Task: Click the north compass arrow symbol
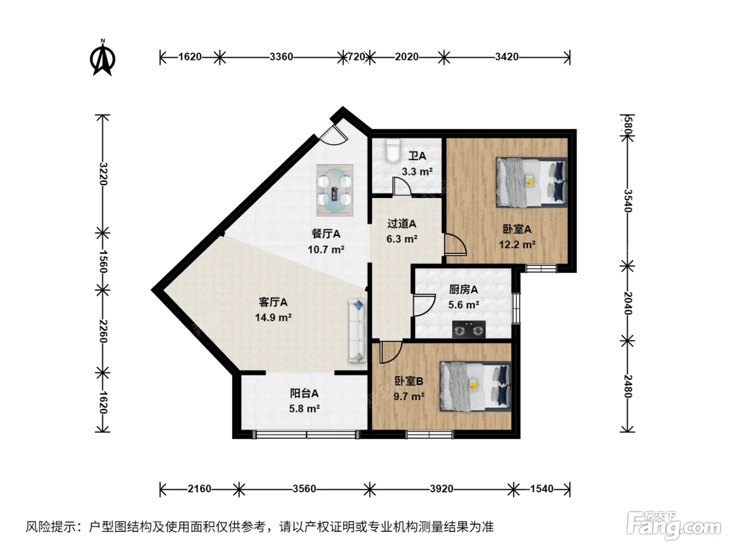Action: (x=103, y=58)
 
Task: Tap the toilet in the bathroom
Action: (x=393, y=151)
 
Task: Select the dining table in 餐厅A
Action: (x=335, y=190)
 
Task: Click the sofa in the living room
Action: (x=357, y=331)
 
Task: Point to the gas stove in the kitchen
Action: (x=469, y=330)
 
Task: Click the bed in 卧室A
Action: (x=531, y=182)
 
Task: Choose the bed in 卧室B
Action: (x=475, y=387)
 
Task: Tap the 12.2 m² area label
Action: (x=517, y=245)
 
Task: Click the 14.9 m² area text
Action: (x=273, y=317)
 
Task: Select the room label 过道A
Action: (x=401, y=223)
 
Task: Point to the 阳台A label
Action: (x=304, y=393)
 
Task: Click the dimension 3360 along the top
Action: (x=282, y=57)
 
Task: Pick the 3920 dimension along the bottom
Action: (x=441, y=489)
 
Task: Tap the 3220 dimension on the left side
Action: (x=103, y=174)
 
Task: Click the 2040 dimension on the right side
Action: (x=628, y=303)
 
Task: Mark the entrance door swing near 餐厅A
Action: (x=334, y=134)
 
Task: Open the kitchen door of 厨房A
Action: (x=424, y=305)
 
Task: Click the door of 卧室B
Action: (x=391, y=352)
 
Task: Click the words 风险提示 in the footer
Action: (x=51, y=526)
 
